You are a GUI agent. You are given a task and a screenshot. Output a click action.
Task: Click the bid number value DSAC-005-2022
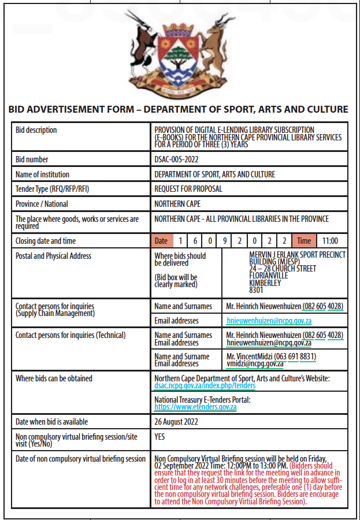pos(176,159)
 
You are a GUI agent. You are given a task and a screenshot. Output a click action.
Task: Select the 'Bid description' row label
pos(36,131)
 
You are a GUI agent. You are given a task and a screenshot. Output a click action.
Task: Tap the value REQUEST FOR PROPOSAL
pos(188,189)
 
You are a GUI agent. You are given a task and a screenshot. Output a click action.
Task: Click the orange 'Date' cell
pos(161,241)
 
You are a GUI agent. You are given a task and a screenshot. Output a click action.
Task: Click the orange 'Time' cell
pos(303,241)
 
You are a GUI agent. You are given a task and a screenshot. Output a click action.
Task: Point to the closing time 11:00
pos(330,241)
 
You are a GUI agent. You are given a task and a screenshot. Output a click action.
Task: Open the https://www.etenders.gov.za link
pos(195,407)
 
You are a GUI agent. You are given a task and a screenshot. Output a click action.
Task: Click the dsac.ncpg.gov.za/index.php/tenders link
pos(205,385)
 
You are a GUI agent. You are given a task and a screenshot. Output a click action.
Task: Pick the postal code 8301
pos(256,290)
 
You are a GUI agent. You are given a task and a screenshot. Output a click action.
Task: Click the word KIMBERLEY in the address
pos(265,283)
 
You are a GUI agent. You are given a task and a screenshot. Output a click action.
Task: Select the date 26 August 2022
pos(176,422)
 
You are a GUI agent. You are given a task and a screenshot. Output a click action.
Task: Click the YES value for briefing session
pos(159,437)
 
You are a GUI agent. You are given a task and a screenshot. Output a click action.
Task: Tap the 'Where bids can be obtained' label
pos(54,378)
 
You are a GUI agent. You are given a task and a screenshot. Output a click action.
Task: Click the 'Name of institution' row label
pos(42,174)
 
